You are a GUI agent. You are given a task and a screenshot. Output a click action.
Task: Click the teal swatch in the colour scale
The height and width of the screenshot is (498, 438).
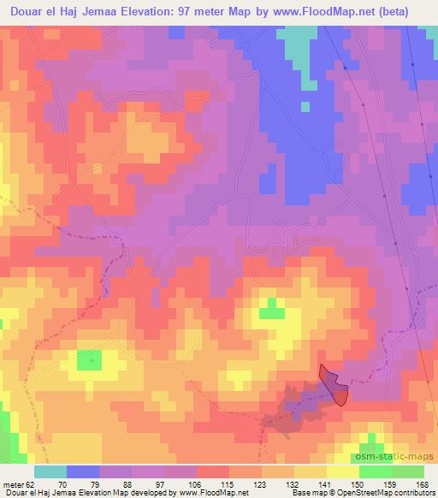[x=50, y=472]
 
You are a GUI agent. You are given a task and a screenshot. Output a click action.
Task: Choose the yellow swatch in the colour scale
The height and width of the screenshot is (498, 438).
[x=343, y=472]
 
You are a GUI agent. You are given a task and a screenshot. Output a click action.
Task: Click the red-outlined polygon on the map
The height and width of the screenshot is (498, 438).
[x=334, y=384]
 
